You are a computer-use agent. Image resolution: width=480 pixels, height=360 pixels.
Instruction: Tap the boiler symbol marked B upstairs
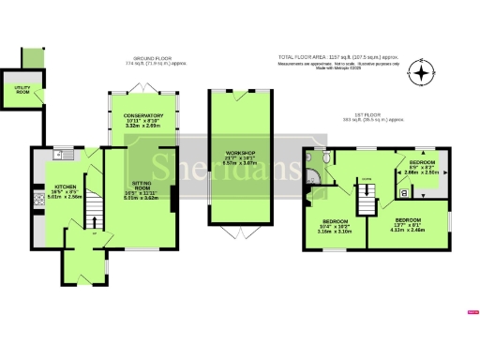pyautogui.click(x=404, y=193)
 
